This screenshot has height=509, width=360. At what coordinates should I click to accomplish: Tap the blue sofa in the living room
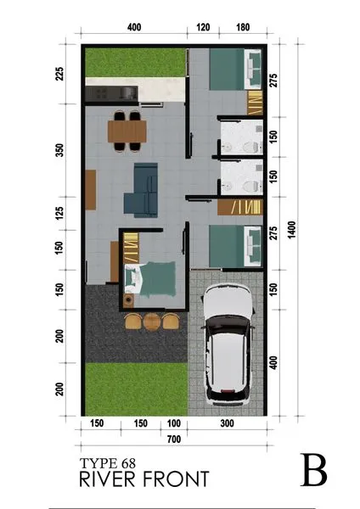point(142,189)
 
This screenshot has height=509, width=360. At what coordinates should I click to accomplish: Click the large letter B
point(315,471)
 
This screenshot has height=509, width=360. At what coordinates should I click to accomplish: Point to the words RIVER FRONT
point(143,479)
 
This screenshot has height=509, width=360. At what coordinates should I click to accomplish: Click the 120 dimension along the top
point(202,27)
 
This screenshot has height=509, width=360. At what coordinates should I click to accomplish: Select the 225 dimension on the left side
point(59,73)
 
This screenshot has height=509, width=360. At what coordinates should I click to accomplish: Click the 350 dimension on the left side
point(59,149)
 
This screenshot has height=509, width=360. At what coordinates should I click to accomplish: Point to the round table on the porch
point(152,322)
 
